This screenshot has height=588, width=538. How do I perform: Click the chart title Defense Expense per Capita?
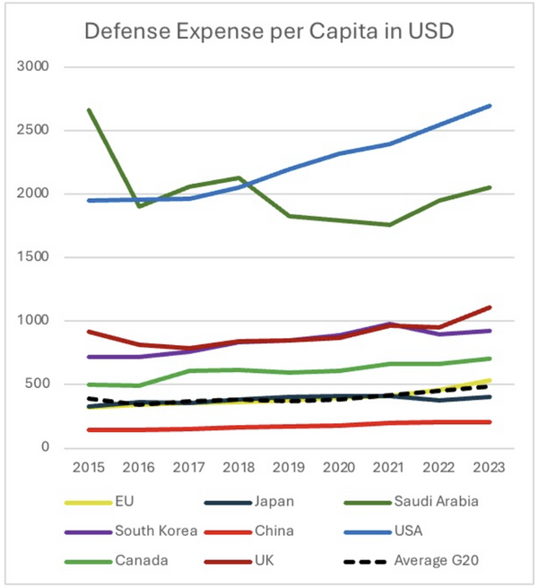click(x=269, y=32)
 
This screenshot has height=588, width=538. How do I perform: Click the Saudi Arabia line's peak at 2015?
click(x=90, y=109)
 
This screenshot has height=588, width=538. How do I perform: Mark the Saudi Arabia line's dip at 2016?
click(x=140, y=206)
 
